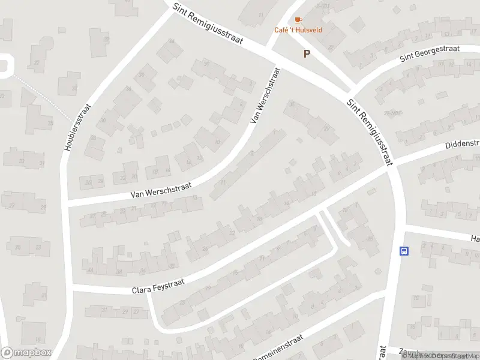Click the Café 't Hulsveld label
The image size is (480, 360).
[298, 30]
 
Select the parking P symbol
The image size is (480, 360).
[307, 54]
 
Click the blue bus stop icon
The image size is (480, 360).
[404, 251]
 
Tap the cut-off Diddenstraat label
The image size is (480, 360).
[462, 144]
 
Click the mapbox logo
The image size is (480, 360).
[26, 353]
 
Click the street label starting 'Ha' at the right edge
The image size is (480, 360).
[475, 239]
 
